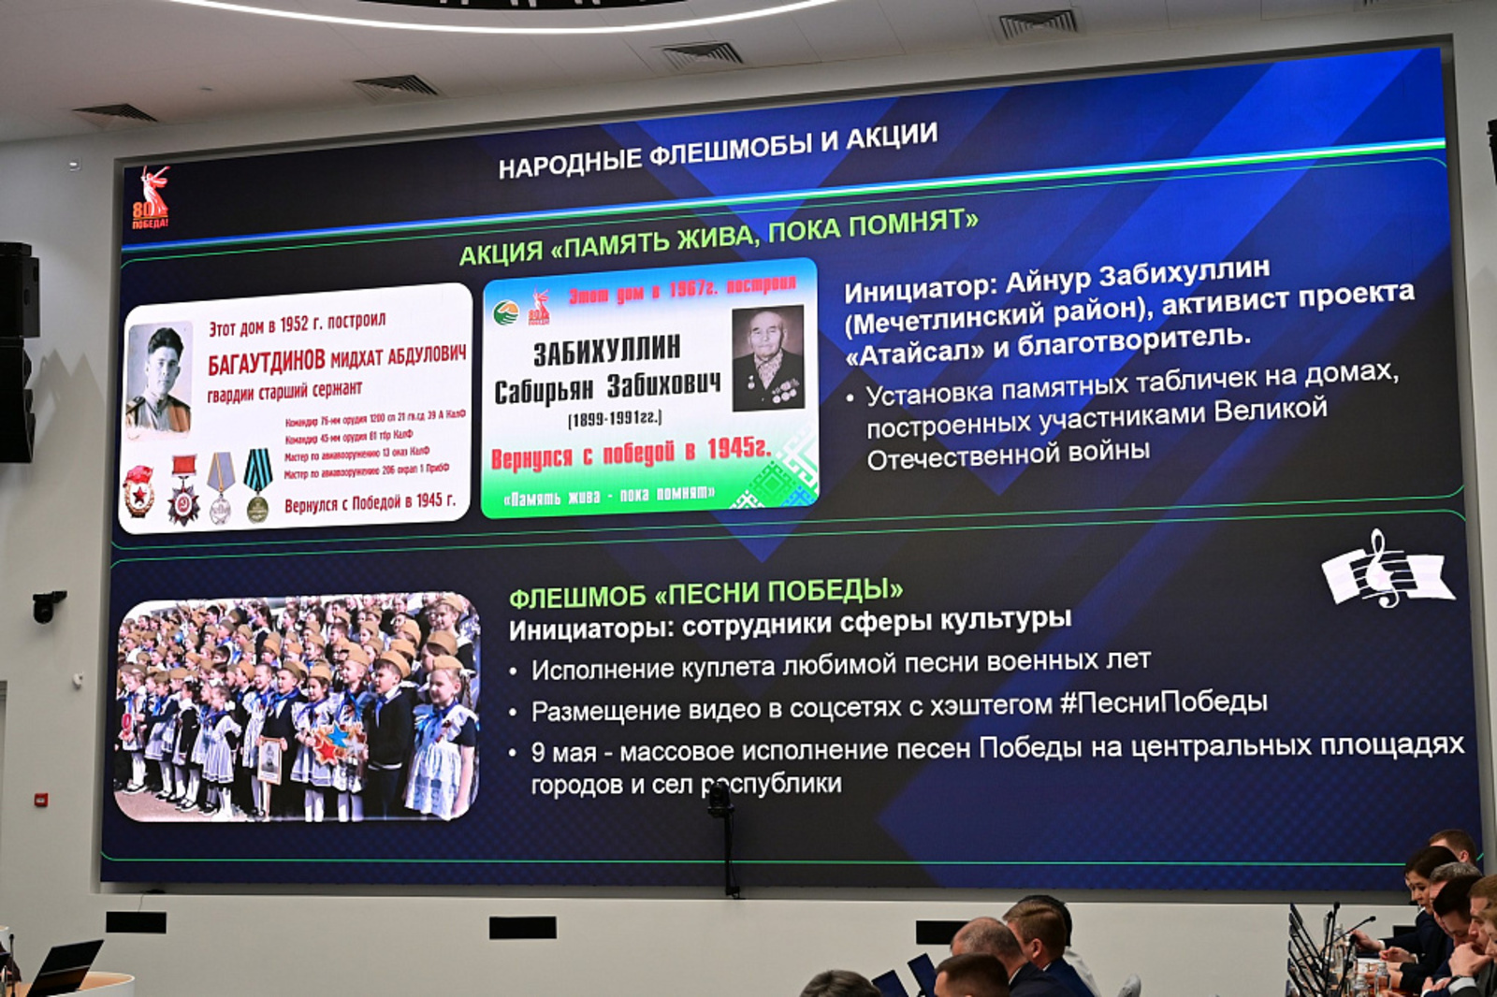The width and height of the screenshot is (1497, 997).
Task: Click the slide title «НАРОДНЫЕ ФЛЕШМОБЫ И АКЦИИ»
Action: click(x=718, y=150)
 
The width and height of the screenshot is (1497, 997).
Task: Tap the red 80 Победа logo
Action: click(x=151, y=198)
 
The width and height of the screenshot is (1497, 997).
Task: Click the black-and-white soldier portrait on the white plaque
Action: click(x=159, y=379)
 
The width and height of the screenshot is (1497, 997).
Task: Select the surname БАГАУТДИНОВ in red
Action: click(x=266, y=362)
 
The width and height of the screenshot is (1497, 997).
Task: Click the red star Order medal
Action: click(x=183, y=492)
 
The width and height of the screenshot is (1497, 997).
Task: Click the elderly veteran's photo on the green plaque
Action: click(x=767, y=358)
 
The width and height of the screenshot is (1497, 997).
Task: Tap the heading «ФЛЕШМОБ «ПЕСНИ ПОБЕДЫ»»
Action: click(x=705, y=593)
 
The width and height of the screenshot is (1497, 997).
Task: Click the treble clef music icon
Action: click(x=1386, y=571)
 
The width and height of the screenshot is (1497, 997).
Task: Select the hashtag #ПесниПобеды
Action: click(x=1163, y=701)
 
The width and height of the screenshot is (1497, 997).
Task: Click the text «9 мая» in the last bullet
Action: click(x=563, y=752)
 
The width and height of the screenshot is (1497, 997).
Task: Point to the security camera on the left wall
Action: click(x=46, y=605)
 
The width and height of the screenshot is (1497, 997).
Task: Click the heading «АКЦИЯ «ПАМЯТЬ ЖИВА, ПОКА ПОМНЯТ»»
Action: click(x=718, y=238)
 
